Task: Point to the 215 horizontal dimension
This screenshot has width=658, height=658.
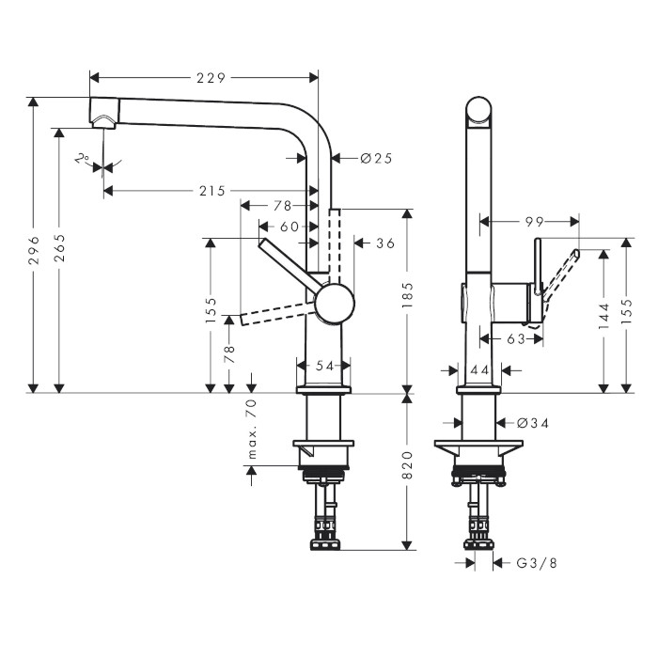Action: (212, 191)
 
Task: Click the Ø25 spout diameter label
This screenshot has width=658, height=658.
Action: (375, 158)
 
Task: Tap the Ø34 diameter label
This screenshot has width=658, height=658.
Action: (533, 423)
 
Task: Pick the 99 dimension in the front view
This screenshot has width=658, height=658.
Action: (535, 222)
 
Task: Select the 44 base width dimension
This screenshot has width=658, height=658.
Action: (480, 371)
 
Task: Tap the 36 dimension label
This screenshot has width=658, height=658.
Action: (384, 243)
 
